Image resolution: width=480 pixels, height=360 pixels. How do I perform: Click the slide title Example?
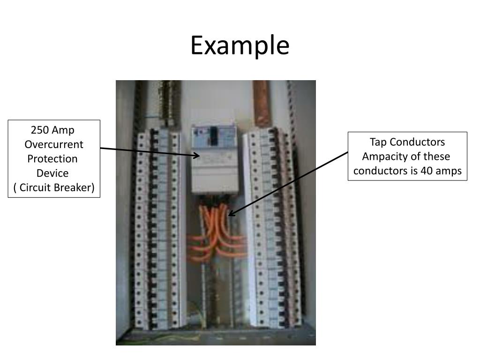pos(240,46)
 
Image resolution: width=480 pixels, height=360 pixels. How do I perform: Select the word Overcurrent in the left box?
pos(54,144)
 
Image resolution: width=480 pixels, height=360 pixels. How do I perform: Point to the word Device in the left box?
pos(52,173)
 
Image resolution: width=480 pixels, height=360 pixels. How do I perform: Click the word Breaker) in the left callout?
pos(75,187)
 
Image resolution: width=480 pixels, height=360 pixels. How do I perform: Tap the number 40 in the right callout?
pos(427,171)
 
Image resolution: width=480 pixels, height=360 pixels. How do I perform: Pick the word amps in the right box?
pos(449,171)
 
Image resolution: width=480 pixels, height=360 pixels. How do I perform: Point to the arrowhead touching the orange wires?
pos(231,214)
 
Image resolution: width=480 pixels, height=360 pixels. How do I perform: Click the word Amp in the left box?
pos(63,130)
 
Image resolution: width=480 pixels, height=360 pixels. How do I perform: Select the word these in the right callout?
pos(436,156)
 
